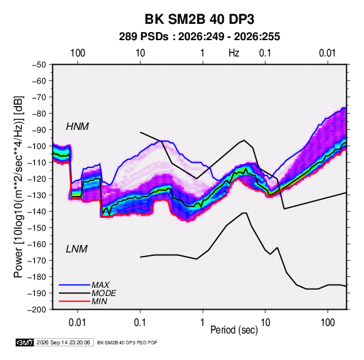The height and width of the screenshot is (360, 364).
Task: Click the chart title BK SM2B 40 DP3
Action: (x=199, y=19)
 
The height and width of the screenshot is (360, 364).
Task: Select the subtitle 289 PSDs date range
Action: (x=199, y=37)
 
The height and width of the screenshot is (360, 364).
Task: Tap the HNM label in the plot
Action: (x=78, y=127)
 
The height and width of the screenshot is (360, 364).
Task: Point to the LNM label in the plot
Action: (x=77, y=249)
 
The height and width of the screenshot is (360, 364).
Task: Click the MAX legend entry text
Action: (x=101, y=285)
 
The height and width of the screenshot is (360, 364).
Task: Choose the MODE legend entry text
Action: (x=104, y=293)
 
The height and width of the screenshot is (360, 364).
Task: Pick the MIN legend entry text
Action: (x=99, y=301)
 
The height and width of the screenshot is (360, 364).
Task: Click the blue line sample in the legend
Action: (x=74, y=285)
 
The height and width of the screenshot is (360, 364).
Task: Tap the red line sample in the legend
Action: (x=74, y=301)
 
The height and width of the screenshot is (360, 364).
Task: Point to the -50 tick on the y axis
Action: (x=39, y=65)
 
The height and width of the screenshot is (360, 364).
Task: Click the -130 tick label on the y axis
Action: (x=37, y=195)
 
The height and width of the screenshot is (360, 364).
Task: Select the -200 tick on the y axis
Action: (x=37, y=310)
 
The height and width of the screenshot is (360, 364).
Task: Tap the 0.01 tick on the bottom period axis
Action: (x=78, y=323)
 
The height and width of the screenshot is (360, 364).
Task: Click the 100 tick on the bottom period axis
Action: (x=327, y=323)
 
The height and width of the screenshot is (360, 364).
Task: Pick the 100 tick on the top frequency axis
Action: (x=78, y=53)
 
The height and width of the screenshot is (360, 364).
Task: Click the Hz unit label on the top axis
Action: (x=234, y=53)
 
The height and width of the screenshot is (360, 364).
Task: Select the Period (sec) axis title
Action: (x=234, y=330)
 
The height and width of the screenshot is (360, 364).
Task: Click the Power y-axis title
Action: (x=18, y=186)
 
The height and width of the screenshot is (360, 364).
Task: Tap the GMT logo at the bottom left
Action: (x=24, y=342)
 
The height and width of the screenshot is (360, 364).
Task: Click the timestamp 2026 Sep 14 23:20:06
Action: (x=63, y=342)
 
